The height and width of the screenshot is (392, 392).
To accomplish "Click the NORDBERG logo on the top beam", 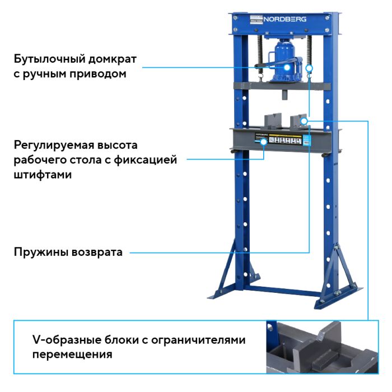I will (x=286, y=18).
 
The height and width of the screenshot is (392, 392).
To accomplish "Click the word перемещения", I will (x=72, y=354).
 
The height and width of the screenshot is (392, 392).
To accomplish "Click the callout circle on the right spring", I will (x=309, y=68).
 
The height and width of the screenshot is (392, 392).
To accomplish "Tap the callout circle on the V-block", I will (x=304, y=120).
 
